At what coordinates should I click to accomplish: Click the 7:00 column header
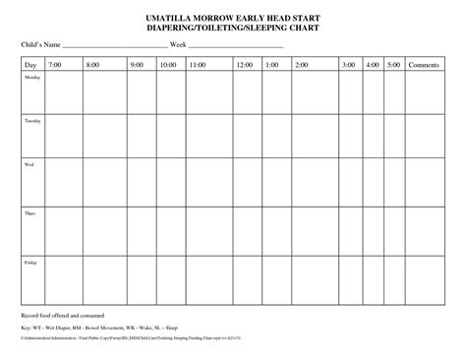coord(53,65)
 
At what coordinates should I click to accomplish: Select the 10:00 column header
coord(167,65)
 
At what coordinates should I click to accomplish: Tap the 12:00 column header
coord(244,65)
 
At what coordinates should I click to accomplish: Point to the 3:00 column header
coord(348,65)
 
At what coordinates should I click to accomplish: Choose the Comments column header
coord(423,65)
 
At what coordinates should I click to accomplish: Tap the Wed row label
coord(29,165)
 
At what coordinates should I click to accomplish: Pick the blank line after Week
coord(236,46)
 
